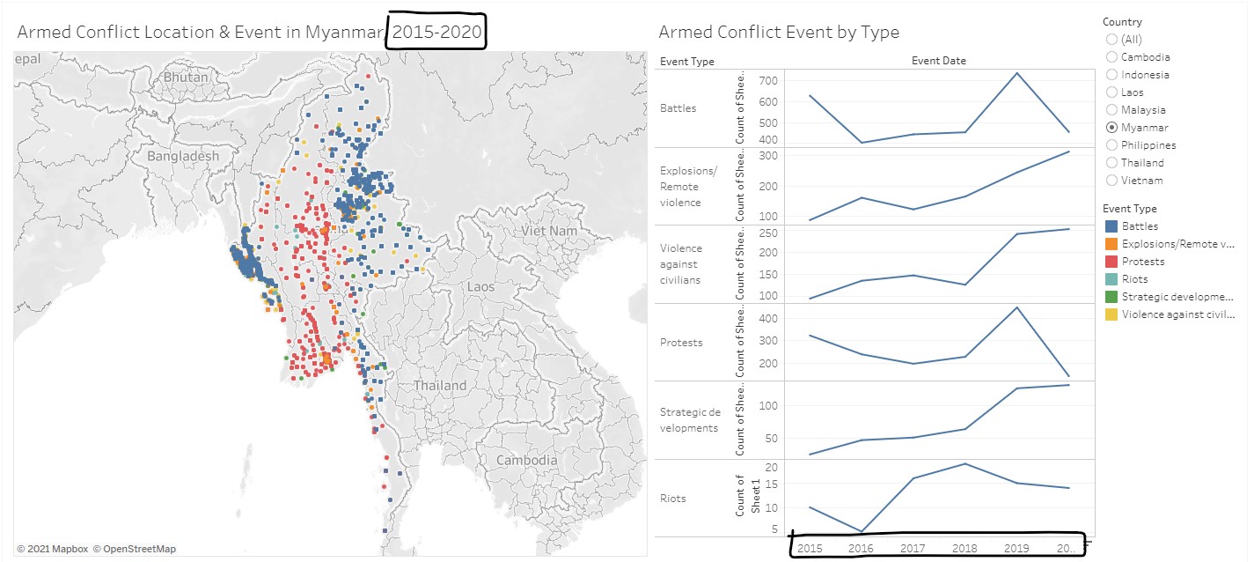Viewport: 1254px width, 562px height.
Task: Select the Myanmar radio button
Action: point(1112,128)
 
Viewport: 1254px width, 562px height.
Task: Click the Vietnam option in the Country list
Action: point(1112,181)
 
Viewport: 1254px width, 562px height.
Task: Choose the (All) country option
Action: point(1112,40)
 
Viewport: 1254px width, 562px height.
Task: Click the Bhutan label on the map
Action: point(186,78)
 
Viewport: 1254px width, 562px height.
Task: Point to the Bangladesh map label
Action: point(183,156)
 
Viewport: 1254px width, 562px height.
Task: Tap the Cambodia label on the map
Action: point(526,460)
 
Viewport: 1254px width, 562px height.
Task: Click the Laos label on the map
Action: point(480,286)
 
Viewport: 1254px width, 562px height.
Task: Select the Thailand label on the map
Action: point(440,386)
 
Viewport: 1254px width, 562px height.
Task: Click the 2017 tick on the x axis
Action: point(912,548)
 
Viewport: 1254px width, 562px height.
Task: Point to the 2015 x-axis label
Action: point(809,548)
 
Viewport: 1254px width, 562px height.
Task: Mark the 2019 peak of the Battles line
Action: point(1016,73)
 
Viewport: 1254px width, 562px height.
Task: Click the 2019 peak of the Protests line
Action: point(1016,307)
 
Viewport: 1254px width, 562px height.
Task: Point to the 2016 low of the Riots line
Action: point(861,531)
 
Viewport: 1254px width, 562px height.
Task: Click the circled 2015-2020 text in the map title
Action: point(437,33)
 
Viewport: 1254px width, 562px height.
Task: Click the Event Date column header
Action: point(938,61)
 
